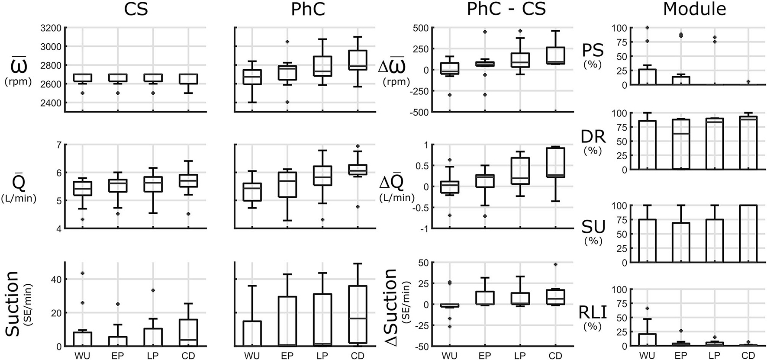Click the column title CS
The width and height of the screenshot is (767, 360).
point(136,10)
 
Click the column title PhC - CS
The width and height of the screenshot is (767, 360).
point(506,10)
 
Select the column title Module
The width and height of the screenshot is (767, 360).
point(694,9)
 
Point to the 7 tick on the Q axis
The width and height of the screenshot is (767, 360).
point(58,145)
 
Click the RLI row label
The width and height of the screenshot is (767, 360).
point(592,312)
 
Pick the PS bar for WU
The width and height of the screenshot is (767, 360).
point(647,77)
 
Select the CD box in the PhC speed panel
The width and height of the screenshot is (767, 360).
point(358,60)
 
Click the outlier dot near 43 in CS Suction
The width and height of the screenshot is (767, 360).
point(82,273)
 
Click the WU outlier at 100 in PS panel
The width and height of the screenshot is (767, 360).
point(647,28)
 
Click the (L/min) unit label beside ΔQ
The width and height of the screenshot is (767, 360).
point(397,198)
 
